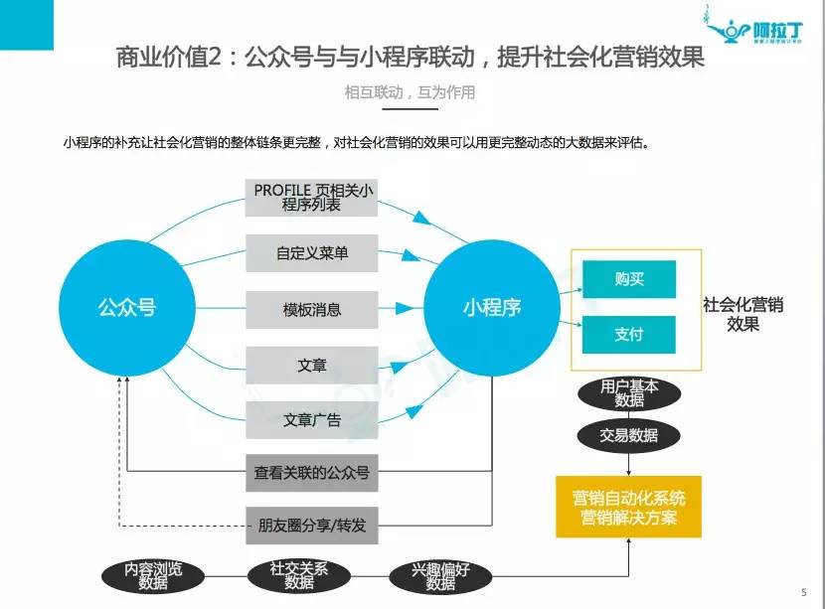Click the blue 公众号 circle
[x=126, y=308]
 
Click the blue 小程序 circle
[x=491, y=308]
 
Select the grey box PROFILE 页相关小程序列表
[x=312, y=197]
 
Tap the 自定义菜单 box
[x=312, y=253]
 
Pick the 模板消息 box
[x=312, y=309]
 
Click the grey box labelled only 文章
[x=312, y=365]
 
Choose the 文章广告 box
[x=312, y=419]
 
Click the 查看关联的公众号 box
[x=312, y=473]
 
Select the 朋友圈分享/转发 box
[x=312, y=525]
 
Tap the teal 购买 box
[x=629, y=279]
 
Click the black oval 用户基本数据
[x=629, y=393]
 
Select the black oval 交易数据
[x=629, y=435]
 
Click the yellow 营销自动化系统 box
[x=629, y=507]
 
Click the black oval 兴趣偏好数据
[x=440, y=576]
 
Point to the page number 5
[x=803, y=592]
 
